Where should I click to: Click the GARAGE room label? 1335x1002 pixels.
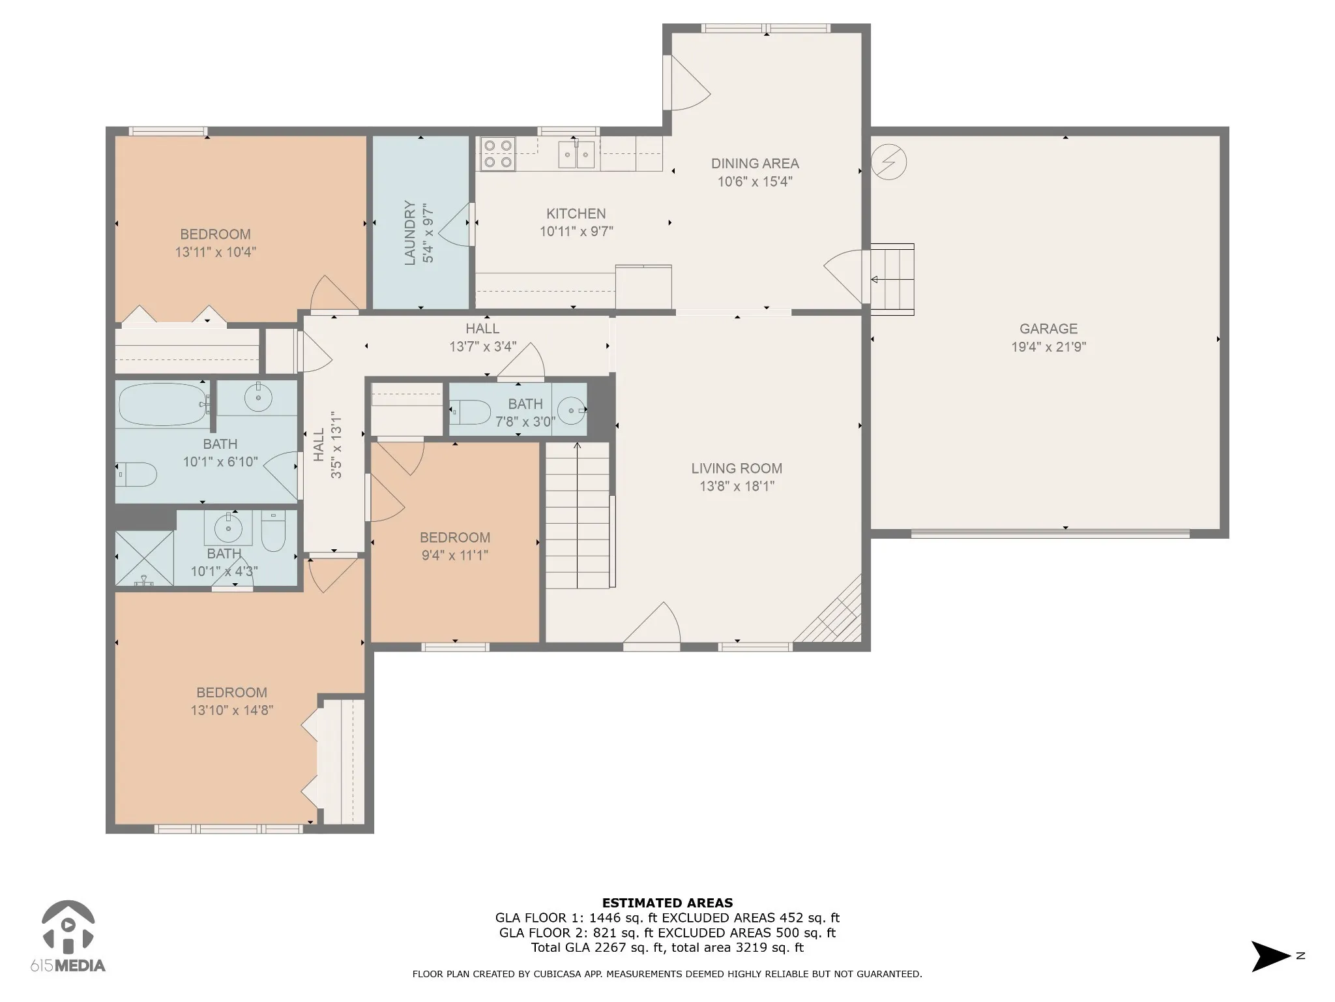point(1048,329)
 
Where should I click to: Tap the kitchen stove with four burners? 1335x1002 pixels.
point(498,154)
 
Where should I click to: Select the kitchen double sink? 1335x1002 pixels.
point(577,155)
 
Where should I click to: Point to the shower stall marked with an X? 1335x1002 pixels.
point(145,558)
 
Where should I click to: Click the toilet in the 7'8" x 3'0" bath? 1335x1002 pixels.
point(470,412)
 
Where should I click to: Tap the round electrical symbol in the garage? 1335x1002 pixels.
point(888,161)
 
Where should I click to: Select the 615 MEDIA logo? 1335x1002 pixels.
point(68,937)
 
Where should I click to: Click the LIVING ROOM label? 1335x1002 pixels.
point(737,468)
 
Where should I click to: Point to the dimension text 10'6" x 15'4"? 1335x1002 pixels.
point(755,181)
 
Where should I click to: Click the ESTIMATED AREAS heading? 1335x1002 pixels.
point(667,903)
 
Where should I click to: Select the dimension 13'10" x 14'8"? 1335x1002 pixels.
point(231,710)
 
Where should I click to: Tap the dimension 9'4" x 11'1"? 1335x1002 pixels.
point(454,555)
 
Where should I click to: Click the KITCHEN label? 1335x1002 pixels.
point(576,213)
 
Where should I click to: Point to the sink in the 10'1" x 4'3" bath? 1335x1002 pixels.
point(228,528)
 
